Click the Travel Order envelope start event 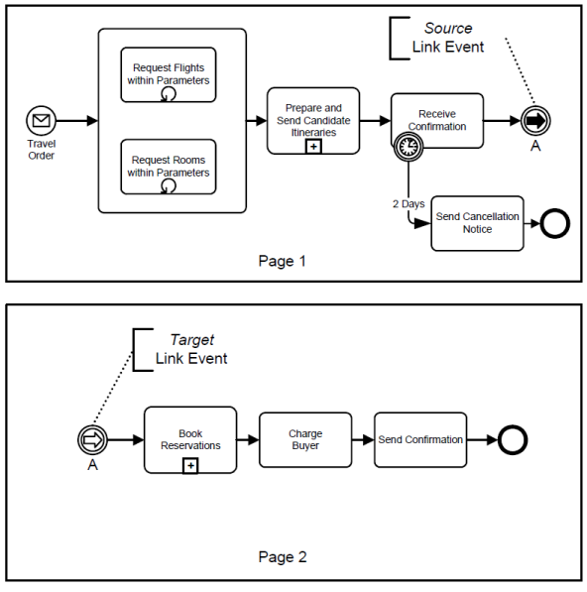41,120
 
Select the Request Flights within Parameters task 169,74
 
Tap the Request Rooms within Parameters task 169,167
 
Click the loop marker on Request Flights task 168,93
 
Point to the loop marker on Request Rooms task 168,185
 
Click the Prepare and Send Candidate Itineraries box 313,120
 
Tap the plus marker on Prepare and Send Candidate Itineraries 313,147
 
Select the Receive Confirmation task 437,120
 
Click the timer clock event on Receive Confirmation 409,146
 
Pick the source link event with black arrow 535,121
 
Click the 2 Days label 409,204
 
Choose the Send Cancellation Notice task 477,223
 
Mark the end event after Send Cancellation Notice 555,223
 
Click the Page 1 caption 282,261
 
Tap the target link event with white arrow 92,440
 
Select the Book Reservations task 190,440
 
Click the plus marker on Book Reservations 190,466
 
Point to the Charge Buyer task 305,440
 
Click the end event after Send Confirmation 513,440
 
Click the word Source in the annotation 448,28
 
